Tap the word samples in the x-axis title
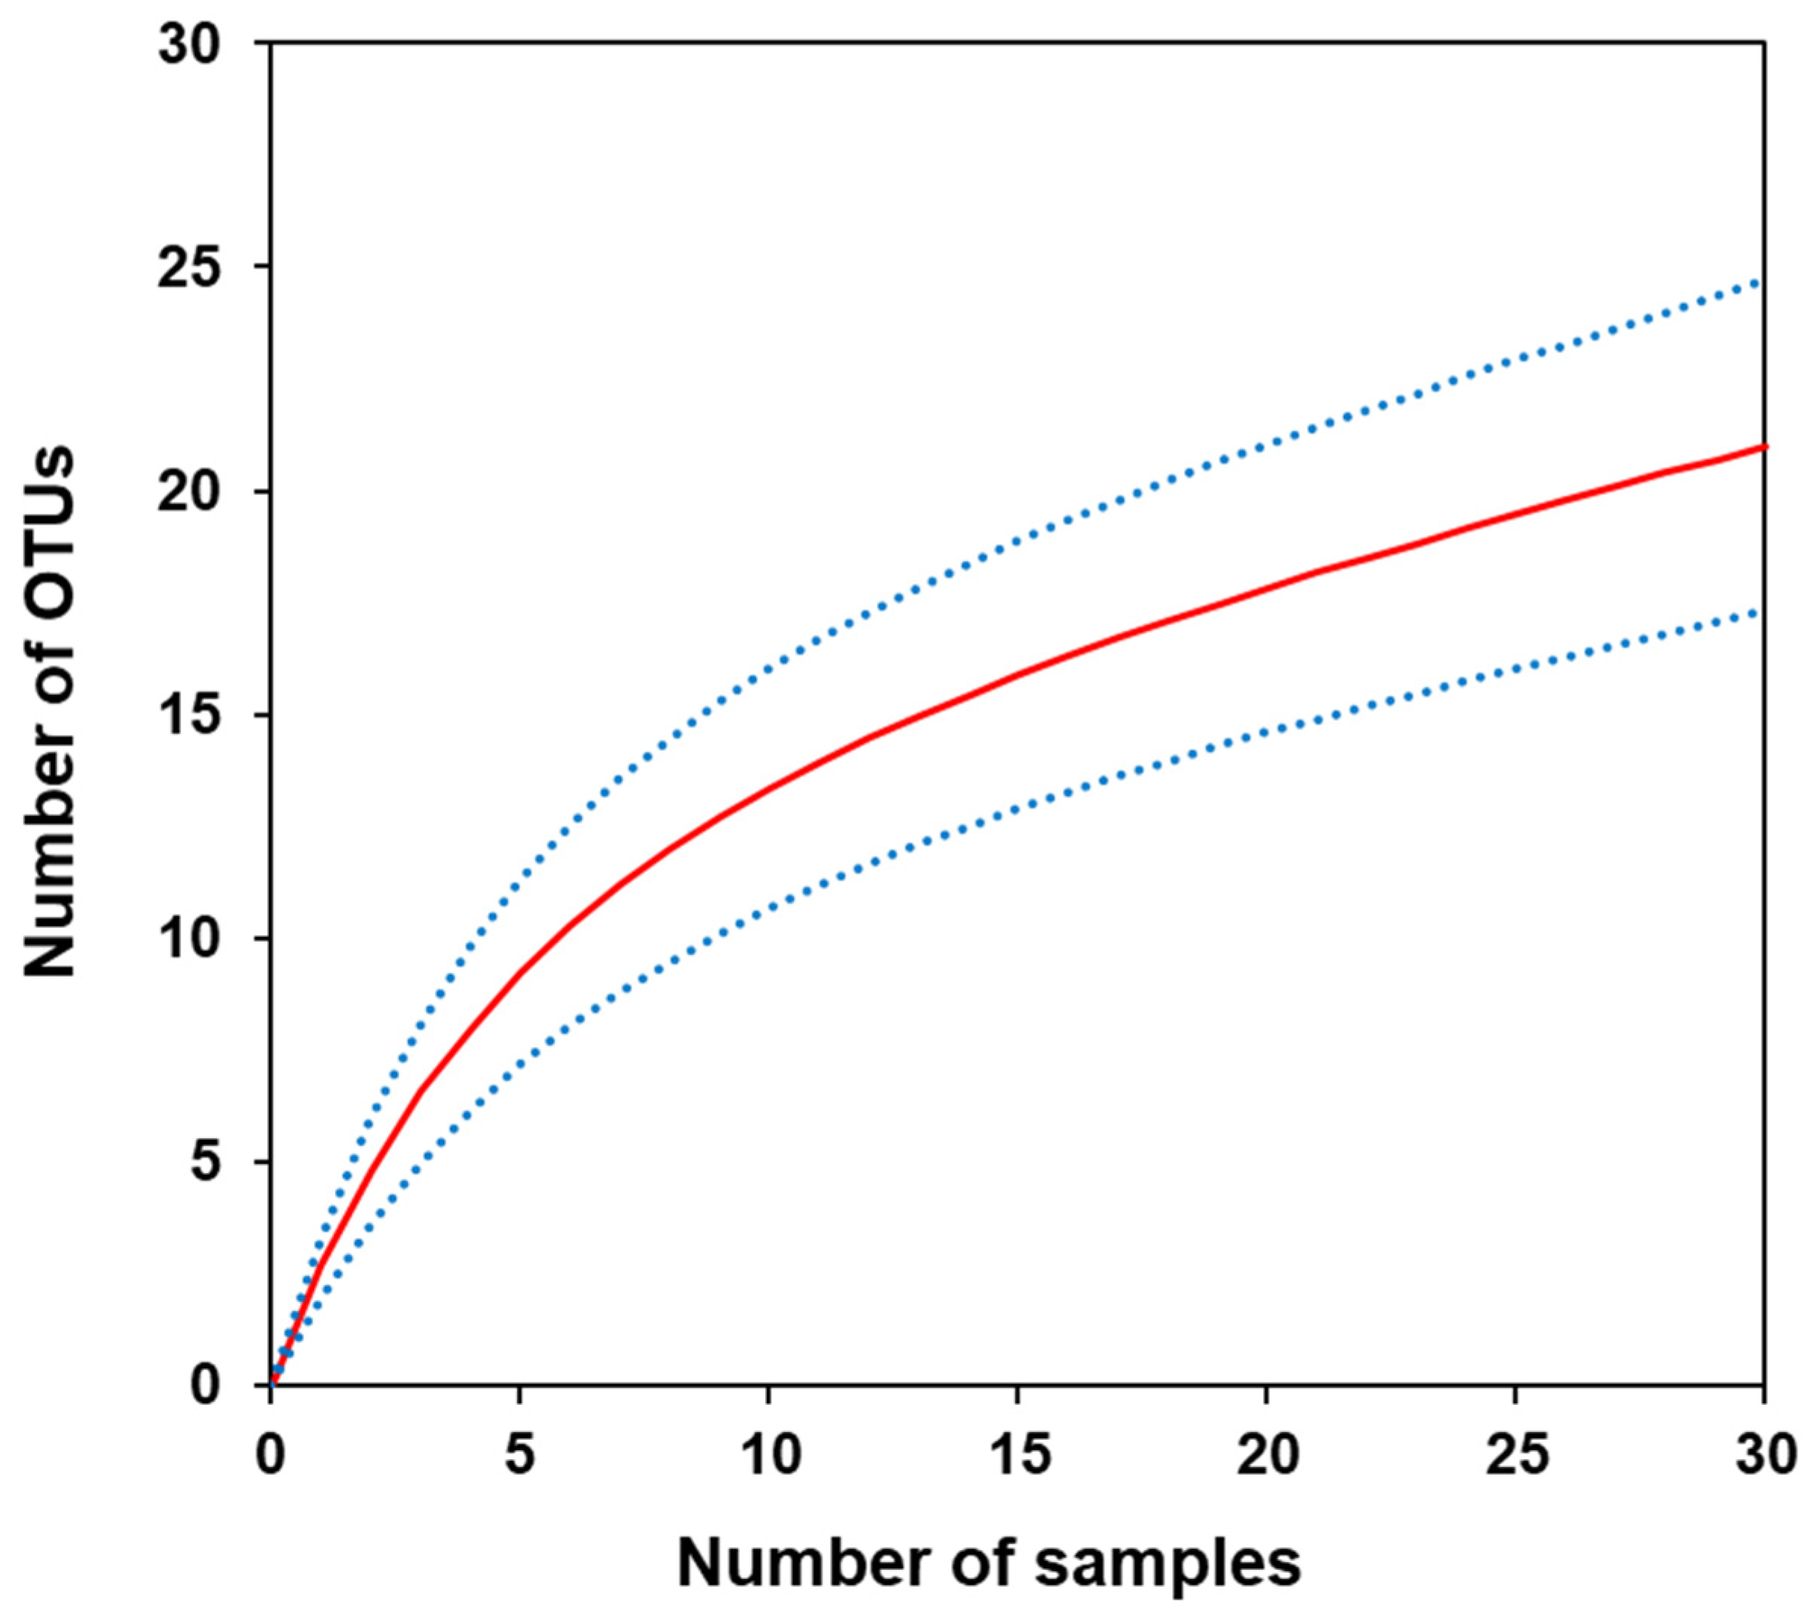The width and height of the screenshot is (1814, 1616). click(x=1168, y=1564)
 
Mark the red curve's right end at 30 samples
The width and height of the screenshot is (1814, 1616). click(x=1763, y=446)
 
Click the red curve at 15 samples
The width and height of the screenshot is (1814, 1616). click(x=1018, y=673)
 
